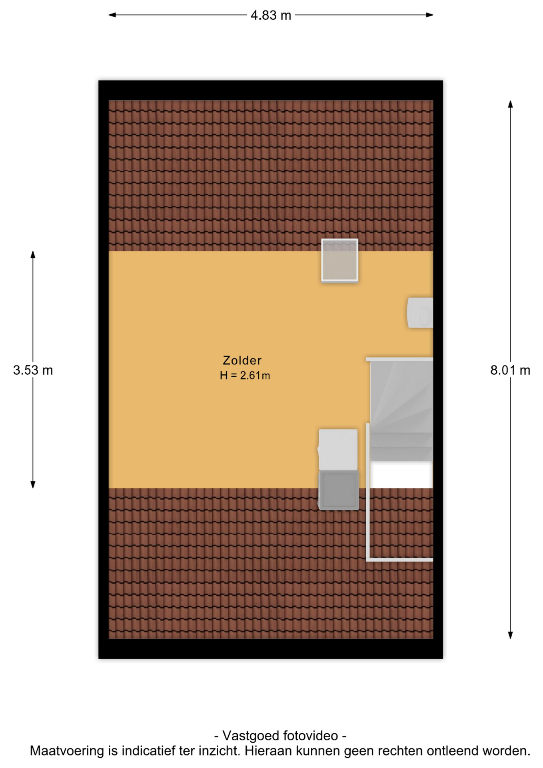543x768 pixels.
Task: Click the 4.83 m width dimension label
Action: pyautogui.click(x=271, y=15)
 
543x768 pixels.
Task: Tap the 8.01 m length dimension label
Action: pyautogui.click(x=510, y=370)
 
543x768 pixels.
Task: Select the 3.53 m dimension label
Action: pyautogui.click(x=33, y=370)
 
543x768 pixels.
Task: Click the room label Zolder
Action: pyautogui.click(x=242, y=360)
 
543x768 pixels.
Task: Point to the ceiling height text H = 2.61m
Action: pyautogui.click(x=245, y=376)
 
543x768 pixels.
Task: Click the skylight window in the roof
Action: pyautogui.click(x=339, y=260)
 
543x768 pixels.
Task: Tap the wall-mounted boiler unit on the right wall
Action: pyautogui.click(x=420, y=313)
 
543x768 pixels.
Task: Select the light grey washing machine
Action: pyautogui.click(x=338, y=450)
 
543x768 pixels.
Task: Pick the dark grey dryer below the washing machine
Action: pyautogui.click(x=338, y=490)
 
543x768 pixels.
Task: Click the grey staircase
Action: pyautogui.click(x=401, y=410)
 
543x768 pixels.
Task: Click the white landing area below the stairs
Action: pyautogui.click(x=401, y=475)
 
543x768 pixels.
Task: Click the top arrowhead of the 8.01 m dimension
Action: pyautogui.click(x=510, y=104)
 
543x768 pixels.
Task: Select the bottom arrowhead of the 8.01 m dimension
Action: pyautogui.click(x=510, y=635)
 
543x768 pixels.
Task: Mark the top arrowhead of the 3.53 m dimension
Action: pyautogui.click(x=33, y=255)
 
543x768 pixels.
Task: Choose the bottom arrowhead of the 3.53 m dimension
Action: pyautogui.click(x=33, y=484)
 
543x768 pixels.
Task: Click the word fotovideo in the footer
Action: pyautogui.click(x=311, y=736)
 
